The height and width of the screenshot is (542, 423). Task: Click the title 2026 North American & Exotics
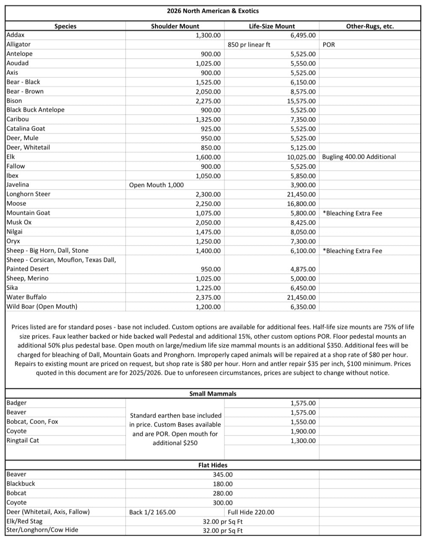[x=212, y=11]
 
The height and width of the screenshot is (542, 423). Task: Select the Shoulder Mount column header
[x=175, y=26]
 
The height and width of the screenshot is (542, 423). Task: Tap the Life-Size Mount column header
[x=272, y=26]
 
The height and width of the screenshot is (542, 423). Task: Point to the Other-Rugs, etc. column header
[x=369, y=26]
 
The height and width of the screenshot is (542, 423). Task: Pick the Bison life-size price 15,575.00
[x=301, y=101]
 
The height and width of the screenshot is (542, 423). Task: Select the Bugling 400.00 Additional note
[x=359, y=157]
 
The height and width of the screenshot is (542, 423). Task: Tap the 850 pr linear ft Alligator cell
[x=249, y=44]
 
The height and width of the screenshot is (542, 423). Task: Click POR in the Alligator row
[x=329, y=44]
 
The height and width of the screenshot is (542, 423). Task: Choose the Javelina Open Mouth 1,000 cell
[x=156, y=185]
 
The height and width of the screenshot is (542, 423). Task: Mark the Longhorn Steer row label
[x=28, y=194]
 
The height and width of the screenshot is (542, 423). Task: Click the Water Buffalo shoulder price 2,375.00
[x=208, y=297]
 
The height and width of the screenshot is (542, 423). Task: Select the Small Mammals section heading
[x=212, y=394]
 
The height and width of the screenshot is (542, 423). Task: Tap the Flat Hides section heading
[x=213, y=465]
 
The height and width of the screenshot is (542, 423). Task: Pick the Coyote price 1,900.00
[x=303, y=431]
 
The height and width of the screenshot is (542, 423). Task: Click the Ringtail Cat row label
[x=23, y=440]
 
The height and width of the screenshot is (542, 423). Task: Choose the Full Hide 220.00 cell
[x=251, y=512]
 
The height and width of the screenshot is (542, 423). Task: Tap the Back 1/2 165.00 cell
[x=152, y=512]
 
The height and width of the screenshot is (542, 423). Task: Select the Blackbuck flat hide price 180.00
[x=223, y=484]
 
